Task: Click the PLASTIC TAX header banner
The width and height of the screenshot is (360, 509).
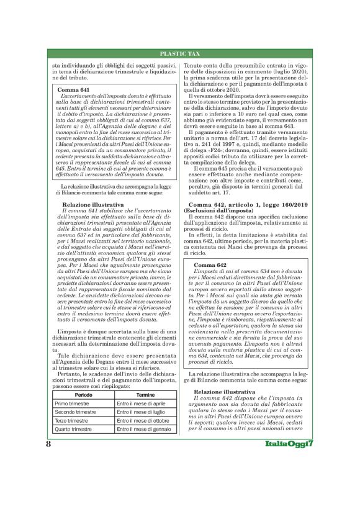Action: click(x=180, y=54)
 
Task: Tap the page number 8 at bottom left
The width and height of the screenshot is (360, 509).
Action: click(x=48, y=480)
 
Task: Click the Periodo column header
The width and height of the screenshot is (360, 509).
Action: click(x=84, y=430)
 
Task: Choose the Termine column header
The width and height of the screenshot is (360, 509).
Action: click(x=145, y=430)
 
